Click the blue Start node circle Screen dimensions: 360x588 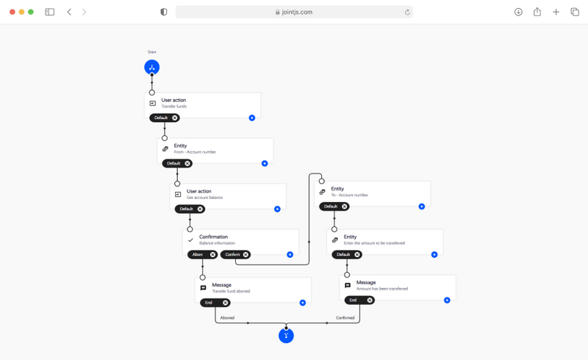pyautogui.click(x=152, y=68)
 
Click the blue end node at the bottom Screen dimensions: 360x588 pyautogui.click(x=286, y=336)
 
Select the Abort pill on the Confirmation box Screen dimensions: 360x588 pyautogui.click(x=197, y=254)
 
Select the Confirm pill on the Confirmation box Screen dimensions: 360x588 pyautogui.click(x=232, y=254)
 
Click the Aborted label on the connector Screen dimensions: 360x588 pyautogui.click(x=227, y=317)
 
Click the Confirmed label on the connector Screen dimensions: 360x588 pyautogui.click(x=345, y=317)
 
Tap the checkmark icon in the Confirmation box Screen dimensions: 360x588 pyautogui.click(x=190, y=240)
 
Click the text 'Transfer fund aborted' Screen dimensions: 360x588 pyautogui.click(x=231, y=291)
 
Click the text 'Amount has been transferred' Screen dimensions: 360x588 pyautogui.click(x=382, y=289)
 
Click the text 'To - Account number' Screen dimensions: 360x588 pyautogui.click(x=350, y=195)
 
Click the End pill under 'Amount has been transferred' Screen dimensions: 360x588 pyautogui.click(x=354, y=300)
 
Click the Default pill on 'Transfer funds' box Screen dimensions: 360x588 pyautogui.click(x=161, y=118)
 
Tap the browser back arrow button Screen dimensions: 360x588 pyautogui.click(x=69, y=12)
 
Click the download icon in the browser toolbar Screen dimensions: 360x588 pyautogui.click(x=518, y=12)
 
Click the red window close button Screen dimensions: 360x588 pyautogui.click(x=12, y=12)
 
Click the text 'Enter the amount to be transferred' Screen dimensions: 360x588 pyautogui.click(x=374, y=242)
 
